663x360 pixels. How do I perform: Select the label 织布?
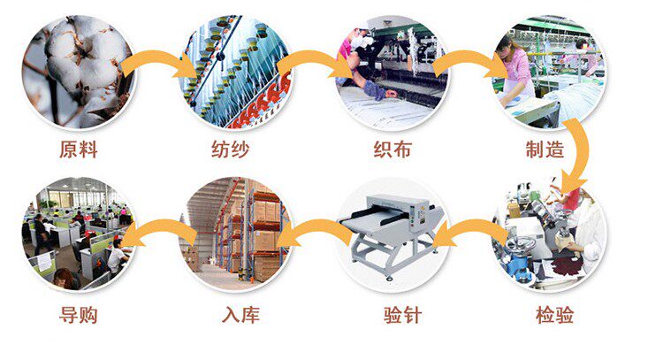point(391,149)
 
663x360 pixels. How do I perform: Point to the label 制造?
point(543,149)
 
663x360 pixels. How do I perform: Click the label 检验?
point(554,315)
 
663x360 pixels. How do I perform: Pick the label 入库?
point(240,315)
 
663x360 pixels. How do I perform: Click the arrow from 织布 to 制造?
point(469,60)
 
